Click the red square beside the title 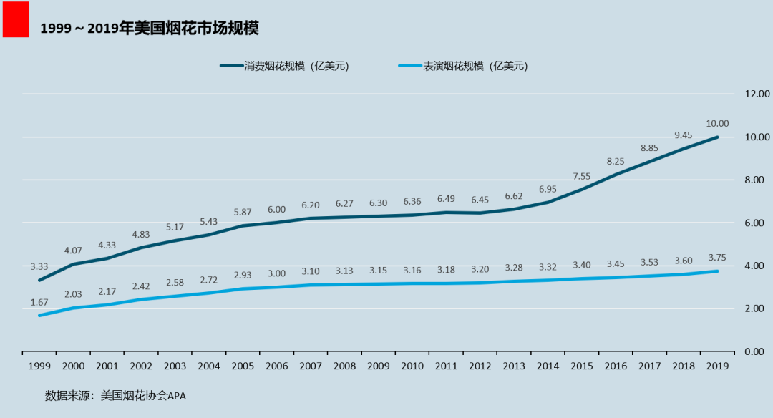pyautogui.click(x=16, y=19)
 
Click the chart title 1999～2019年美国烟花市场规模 pyautogui.click(x=149, y=29)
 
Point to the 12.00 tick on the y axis pyautogui.click(x=757, y=94)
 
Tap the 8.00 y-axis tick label pyautogui.click(x=757, y=180)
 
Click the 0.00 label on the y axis pyautogui.click(x=757, y=351)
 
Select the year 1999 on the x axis pyautogui.click(x=39, y=366)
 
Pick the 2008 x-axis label pyautogui.click(x=344, y=366)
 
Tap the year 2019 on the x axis pyautogui.click(x=717, y=366)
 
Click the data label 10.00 pyautogui.click(x=717, y=123)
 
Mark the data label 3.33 pyautogui.click(x=39, y=266)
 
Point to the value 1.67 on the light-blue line pyautogui.click(x=39, y=302)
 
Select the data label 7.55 pyautogui.click(x=581, y=176)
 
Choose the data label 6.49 pyautogui.click(x=446, y=199)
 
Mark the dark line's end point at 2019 pyautogui.click(x=717, y=137)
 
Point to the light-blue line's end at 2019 pyautogui.click(x=717, y=271)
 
